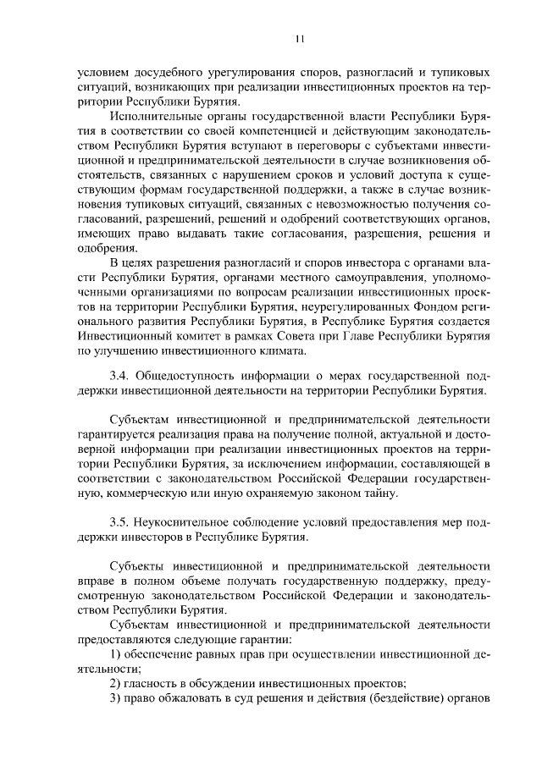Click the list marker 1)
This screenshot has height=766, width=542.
[119, 655]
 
